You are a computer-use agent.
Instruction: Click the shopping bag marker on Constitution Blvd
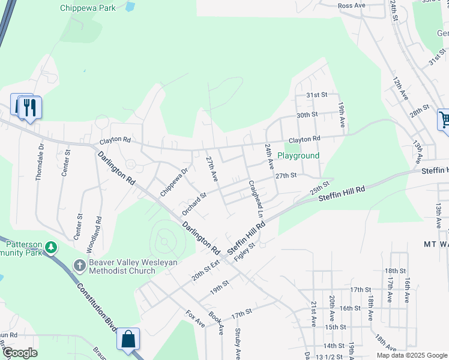pyautogui.click(x=128, y=340)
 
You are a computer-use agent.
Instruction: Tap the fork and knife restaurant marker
pyautogui.click(x=28, y=107)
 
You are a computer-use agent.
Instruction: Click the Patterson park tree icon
pyautogui.click(x=52, y=247)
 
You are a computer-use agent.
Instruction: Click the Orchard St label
pyautogui.click(x=194, y=203)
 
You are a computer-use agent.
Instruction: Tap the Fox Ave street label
pyautogui.click(x=195, y=318)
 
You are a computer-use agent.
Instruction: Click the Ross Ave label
pyautogui.click(x=352, y=5)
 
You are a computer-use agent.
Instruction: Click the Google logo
pyautogui.click(x=19, y=353)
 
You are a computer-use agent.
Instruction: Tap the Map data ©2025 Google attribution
pyautogui.click(x=411, y=355)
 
